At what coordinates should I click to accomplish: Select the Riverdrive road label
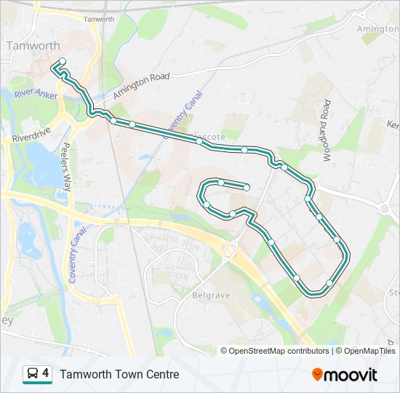(x=30, y=137)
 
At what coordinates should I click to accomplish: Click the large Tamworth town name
(x=33, y=46)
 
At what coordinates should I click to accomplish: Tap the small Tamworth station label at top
(x=99, y=20)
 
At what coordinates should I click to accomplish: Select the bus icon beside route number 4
(x=32, y=374)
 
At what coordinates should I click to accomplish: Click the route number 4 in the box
(x=46, y=373)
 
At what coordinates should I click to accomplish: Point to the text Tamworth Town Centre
(x=119, y=374)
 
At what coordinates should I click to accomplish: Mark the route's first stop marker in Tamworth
(x=63, y=61)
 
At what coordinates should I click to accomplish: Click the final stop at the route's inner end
(x=247, y=188)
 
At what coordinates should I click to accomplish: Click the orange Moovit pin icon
(x=318, y=375)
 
